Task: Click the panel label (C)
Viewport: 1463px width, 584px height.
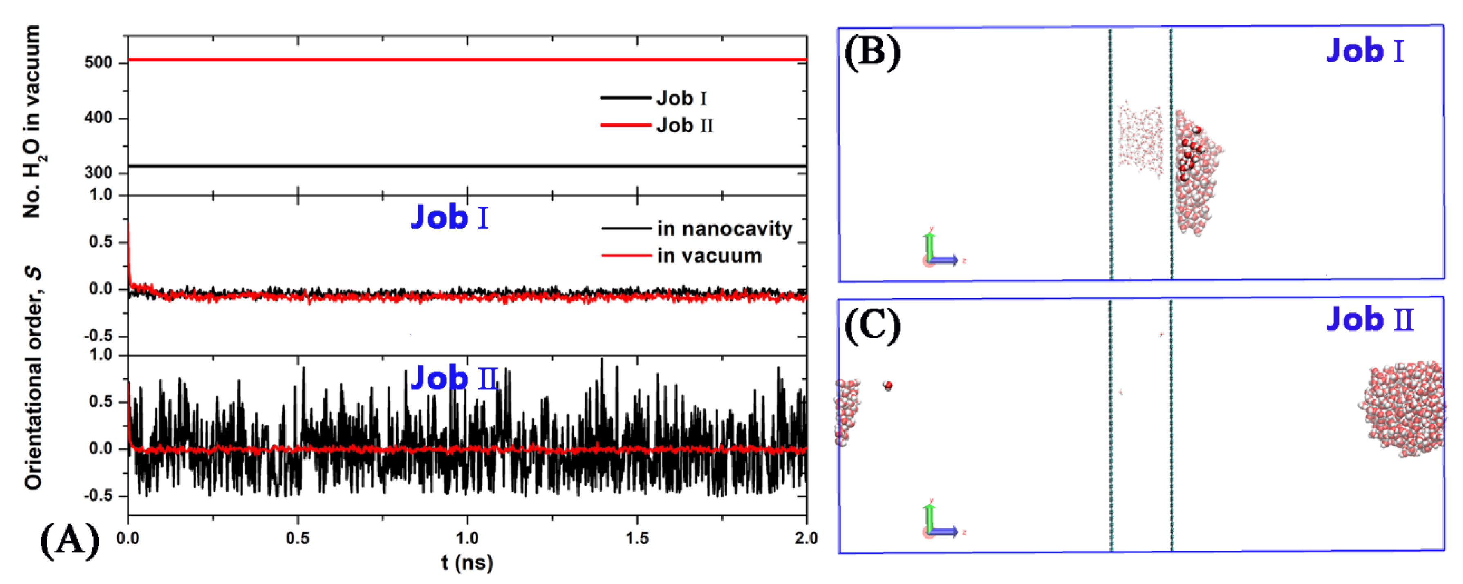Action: coord(872,326)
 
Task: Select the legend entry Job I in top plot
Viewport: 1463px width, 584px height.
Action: coord(681,98)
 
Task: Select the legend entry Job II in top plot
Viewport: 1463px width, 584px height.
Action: coord(684,125)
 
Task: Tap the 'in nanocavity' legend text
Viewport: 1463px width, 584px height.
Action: coord(724,228)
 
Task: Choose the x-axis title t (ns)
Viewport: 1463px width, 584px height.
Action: coord(467,562)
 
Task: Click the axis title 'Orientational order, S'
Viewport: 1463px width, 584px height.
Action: coord(34,377)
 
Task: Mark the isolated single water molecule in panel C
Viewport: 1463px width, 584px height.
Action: coord(888,386)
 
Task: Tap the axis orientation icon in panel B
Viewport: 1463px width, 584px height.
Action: coord(937,252)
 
